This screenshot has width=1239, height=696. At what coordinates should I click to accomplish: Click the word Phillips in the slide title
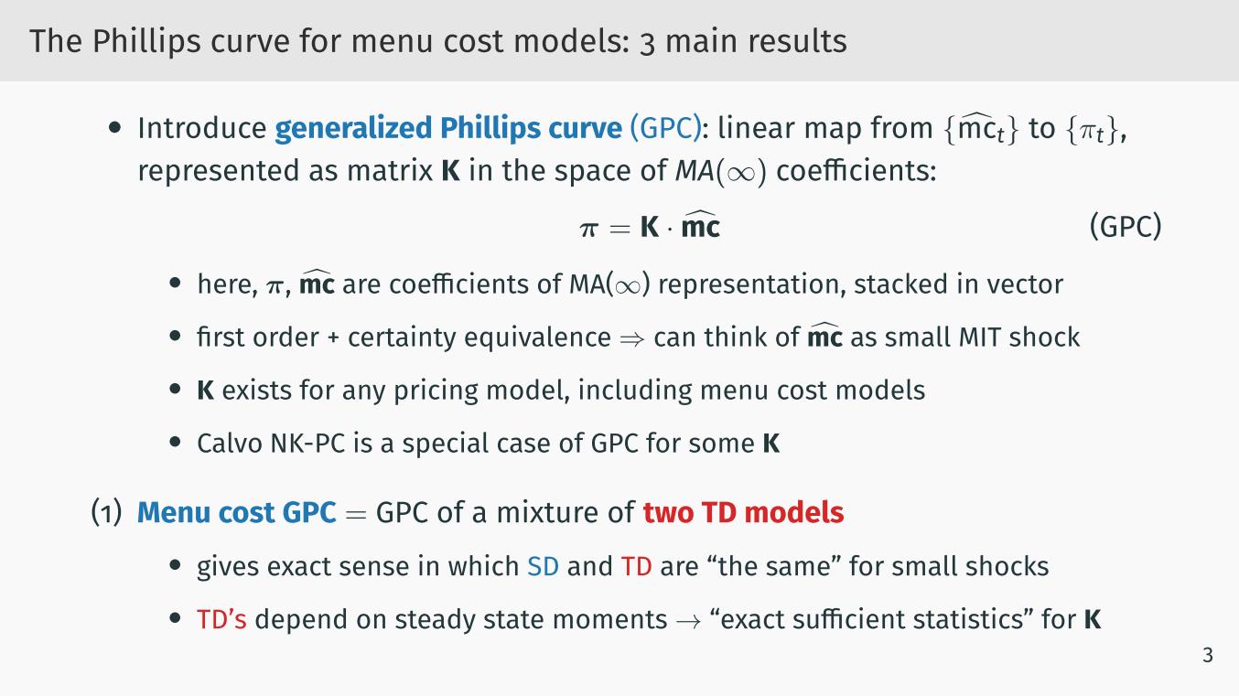pyautogui.click(x=145, y=41)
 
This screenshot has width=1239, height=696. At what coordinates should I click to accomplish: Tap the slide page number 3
pyautogui.click(x=1208, y=655)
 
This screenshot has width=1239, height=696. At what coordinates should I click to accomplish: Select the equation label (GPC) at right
pyautogui.click(x=1125, y=227)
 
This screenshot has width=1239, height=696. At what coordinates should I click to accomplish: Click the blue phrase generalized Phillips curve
pyautogui.click(x=448, y=128)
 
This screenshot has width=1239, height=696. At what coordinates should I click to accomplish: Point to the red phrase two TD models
pyautogui.click(x=743, y=512)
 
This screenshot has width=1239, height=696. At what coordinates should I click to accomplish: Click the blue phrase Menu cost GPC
pyautogui.click(x=236, y=512)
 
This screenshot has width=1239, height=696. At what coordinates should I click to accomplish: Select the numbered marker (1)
pyautogui.click(x=106, y=512)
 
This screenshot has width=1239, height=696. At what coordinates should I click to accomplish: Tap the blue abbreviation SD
pyautogui.click(x=543, y=567)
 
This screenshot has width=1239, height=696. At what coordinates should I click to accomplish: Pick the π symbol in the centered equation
pyautogui.click(x=588, y=229)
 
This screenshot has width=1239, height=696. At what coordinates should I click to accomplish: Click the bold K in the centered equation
pyautogui.click(x=650, y=227)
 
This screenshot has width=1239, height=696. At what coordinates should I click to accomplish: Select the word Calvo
pyautogui.click(x=229, y=444)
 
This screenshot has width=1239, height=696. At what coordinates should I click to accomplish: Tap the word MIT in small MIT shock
pyautogui.click(x=980, y=337)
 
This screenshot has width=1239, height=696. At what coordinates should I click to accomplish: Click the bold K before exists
pyautogui.click(x=205, y=391)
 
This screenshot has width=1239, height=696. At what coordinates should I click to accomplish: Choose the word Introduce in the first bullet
pyautogui.click(x=202, y=128)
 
